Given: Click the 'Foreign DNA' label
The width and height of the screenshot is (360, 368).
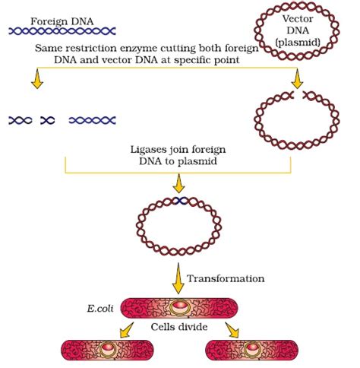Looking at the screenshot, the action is point(62,22).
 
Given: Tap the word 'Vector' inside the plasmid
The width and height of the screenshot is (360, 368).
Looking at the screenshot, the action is point(298,19).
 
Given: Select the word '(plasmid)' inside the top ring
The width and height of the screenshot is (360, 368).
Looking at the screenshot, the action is point(298,42).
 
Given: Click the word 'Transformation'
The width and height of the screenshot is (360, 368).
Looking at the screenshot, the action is point(226,278).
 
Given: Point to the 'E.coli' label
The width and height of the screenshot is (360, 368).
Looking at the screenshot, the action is point(100,309).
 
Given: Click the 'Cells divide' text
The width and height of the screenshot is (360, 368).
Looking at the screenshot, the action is point(179,327).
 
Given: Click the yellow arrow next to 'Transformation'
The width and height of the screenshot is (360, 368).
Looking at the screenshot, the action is point(178,278).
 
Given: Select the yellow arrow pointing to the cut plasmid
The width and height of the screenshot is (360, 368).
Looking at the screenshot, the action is point(297,79).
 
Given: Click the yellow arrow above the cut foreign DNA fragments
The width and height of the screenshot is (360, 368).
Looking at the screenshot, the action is point(37,79).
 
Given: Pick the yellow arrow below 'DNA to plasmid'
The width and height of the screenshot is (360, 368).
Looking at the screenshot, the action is point(178,183).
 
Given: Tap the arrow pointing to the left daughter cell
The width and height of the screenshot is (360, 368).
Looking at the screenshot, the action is point(127,330).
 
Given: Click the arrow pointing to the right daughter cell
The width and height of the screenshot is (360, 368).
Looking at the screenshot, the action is point(232,330).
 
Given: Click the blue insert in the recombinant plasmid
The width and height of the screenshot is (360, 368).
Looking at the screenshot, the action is point(179,201).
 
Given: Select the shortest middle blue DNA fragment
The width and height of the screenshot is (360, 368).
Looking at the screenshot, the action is point(48,120).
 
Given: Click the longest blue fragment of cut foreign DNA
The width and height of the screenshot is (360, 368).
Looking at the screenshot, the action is point(92,120).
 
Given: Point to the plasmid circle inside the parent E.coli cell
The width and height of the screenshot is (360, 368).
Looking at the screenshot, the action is point(179,307).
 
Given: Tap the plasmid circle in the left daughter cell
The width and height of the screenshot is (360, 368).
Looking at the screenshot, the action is point(108,350).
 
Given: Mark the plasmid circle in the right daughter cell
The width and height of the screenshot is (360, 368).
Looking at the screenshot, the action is point(252,350).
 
